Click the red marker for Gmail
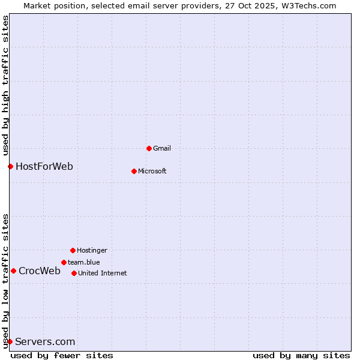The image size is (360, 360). pyautogui.click(x=149, y=148)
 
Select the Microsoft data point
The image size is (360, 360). pyautogui.click(x=134, y=171)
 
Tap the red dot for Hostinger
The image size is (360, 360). pyautogui.click(x=73, y=250)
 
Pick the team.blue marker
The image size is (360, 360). pyautogui.click(x=64, y=262)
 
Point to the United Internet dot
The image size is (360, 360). pyautogui.click(x=74, y=273)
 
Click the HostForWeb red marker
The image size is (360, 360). pyautogui.click(x=10, y=166)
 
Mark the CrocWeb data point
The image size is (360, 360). pyautogui.click(x=13, y=271)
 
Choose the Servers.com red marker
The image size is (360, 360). pyautogui.click(x=10, y=341)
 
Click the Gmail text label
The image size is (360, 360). pyautogui.click(x=162, y=148)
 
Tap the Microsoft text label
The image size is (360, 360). pyautogui.click(x=152, y=171)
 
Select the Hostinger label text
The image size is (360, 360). pyautogui.click(x=92, y=250)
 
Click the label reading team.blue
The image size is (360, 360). pyautogui.click(x=84, y=262)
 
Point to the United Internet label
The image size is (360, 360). pyautogui.click(x=103, y=273)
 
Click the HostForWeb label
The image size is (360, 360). pyautogui.click(x=44, y=166)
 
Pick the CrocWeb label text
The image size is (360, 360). pyautogui.click(x=40, y=271)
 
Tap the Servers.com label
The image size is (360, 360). pyautogui.click(x=45, y=342)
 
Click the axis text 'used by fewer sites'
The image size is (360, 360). pyautogui.click(x=62, y=355)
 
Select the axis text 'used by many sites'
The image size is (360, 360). pyautogui.click(x=301, y=355)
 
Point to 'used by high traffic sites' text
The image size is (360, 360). pyautogui.click(x=5, y=84)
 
